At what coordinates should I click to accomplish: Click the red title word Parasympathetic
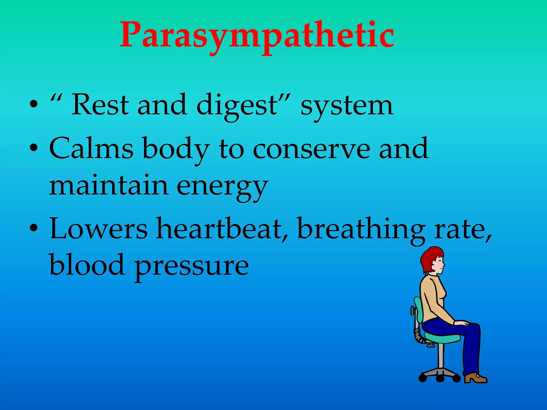tap(257, 36)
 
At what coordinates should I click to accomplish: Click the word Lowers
tap(98, 229)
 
